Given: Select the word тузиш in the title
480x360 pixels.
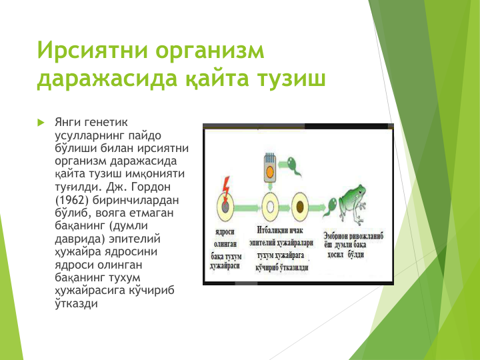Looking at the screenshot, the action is click(x=291, y=79).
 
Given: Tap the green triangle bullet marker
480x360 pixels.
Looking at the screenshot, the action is click(x=41, y=123).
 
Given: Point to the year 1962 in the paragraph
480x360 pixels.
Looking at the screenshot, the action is click(x=72, y=200).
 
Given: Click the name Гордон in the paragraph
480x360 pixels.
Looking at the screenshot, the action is click(x=150, y=187).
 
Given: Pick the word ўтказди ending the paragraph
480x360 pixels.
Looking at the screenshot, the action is click(x=76, y=303).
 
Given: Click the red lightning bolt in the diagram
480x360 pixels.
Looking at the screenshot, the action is click(x=225, y=189).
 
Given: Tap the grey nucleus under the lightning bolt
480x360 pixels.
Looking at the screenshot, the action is click(x=225, y=207).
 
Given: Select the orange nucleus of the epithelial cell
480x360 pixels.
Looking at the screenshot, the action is click(x=270, y=173).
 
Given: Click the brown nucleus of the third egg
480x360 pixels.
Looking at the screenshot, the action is click(x=300, y=207).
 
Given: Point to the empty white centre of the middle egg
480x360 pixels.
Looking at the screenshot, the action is click(x=270, y=207).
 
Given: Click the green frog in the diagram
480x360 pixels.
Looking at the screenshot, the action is click(x=353, y=204).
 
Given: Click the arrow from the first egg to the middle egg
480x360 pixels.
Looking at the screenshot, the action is click(x=248, y=207).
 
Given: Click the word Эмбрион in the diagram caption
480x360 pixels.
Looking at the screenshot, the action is click(x=336, y=236).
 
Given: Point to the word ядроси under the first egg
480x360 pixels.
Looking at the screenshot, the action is click(x=225, y=232).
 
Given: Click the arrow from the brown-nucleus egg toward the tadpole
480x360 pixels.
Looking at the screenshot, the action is click(x=317, y=207).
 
